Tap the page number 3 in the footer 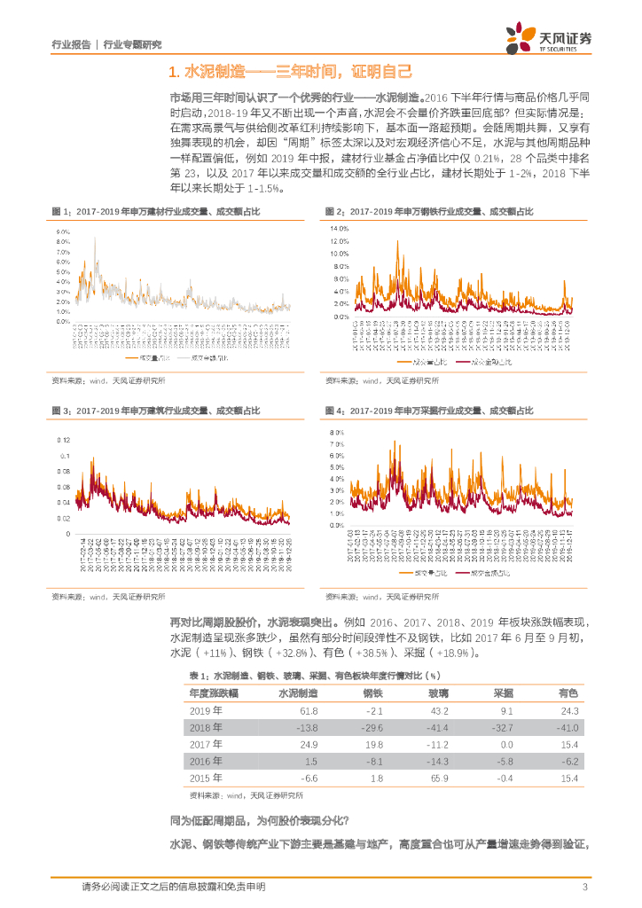pos(584,887)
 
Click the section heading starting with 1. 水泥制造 pos(290,72)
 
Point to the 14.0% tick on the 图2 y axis pos(339,229)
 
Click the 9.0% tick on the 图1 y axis pos(63,231)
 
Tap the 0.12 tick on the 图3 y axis pos(63,440)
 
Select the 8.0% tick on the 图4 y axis pos(337,432)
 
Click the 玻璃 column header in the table pos(438,668)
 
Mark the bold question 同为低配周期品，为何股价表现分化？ pos(259,820)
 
